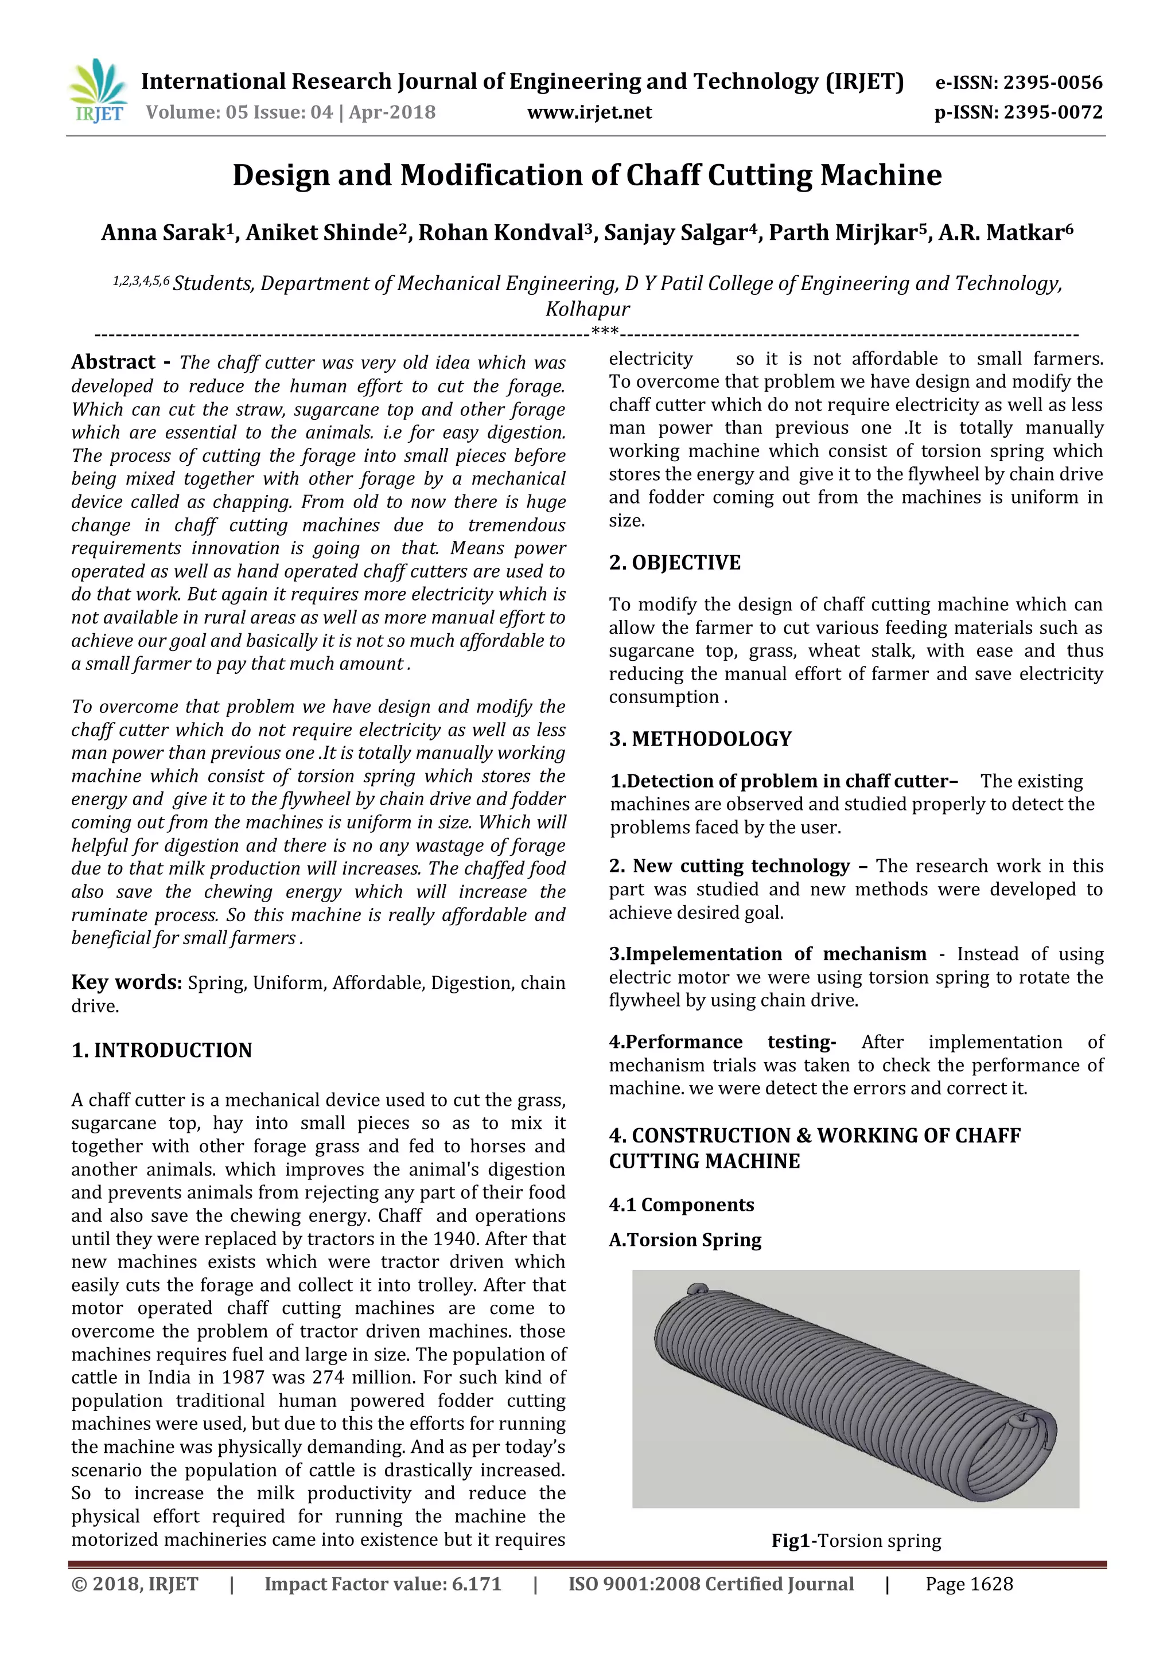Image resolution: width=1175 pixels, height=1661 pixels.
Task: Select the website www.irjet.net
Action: pos(589,112)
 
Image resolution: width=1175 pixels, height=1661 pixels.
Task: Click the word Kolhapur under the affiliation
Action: pos(587,309)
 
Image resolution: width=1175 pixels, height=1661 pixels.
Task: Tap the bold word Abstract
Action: pos(114,362)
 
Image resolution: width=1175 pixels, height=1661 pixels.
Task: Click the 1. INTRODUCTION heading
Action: pos(161,1050)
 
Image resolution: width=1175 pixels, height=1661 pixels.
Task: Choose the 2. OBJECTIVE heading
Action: pos(674,562)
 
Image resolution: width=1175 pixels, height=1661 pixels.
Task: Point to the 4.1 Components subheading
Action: pos(681,1204)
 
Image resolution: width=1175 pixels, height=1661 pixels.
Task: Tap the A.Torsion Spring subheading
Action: pos(684,1239)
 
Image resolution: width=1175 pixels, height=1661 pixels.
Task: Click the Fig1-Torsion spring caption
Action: pos(856,1541)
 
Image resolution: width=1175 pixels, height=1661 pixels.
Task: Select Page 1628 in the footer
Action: pos(969,1584)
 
